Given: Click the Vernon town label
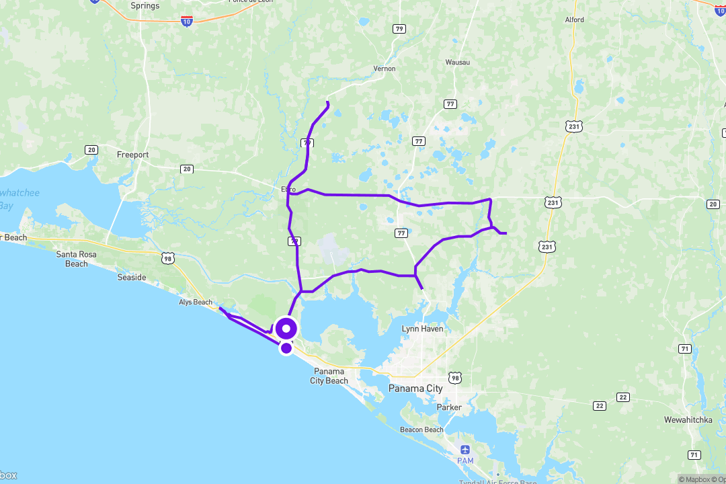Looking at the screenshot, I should point(385,69).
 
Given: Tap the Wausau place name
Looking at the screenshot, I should point(458,63).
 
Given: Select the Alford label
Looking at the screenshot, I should point(575,20).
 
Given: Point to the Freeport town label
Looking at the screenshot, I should point(133,155).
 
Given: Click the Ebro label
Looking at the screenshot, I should point(289,190).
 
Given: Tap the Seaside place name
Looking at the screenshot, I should point(132,277).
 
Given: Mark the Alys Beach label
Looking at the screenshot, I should point(196,302).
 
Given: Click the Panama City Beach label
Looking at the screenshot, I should point(329,376).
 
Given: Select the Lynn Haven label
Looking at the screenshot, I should point(423,329).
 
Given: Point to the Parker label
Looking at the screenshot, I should point(449,407).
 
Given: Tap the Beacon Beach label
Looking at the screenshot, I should point(421,430).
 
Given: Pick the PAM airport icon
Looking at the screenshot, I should point(465,450).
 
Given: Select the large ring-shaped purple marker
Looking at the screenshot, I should point(287,329).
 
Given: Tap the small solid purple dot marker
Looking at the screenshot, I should point(286,348).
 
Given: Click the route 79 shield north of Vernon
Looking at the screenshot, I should point(400,28).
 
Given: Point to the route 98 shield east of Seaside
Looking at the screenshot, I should point(167,257).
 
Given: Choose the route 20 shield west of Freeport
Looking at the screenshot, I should point(91,149).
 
